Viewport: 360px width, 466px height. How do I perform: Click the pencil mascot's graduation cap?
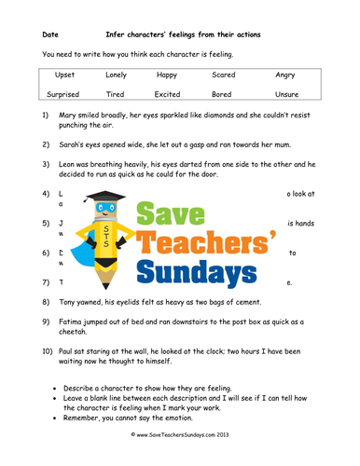coord(106,199)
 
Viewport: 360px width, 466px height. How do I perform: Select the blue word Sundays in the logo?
coord(197,271)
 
